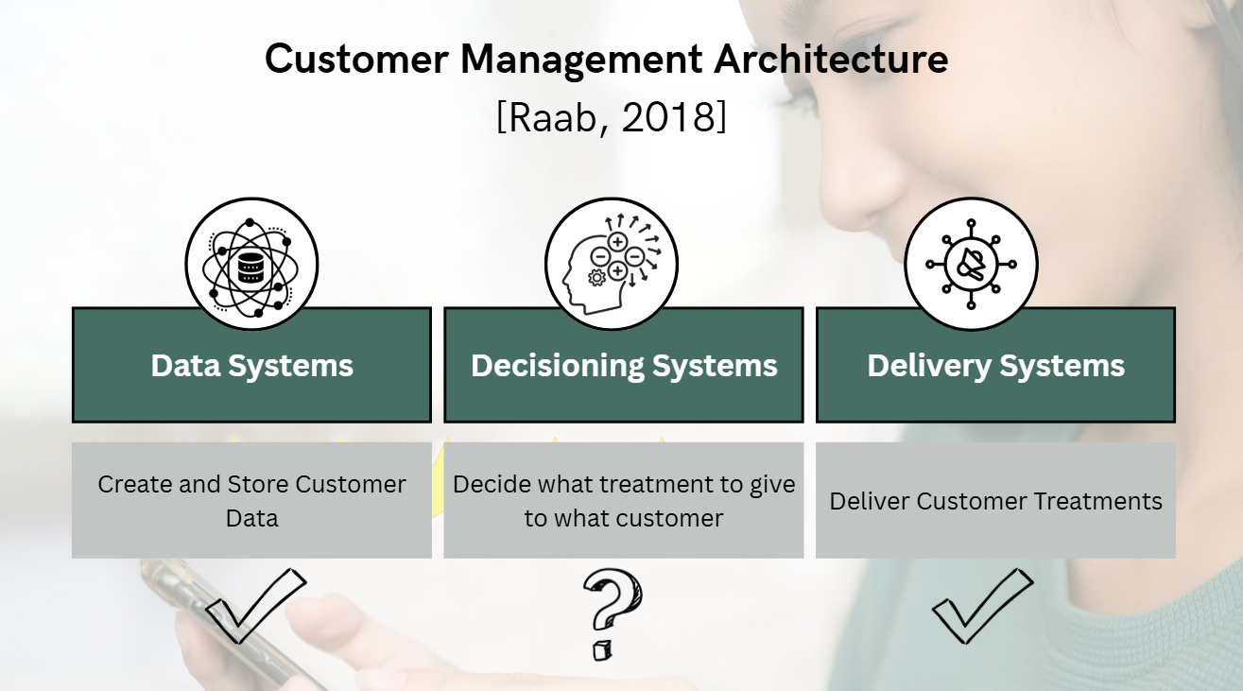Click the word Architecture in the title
[x=830, y=60]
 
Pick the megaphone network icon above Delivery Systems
[x=971, y=264]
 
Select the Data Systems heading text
[x=251, y=366]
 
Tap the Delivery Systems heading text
[x=995, y=366]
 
